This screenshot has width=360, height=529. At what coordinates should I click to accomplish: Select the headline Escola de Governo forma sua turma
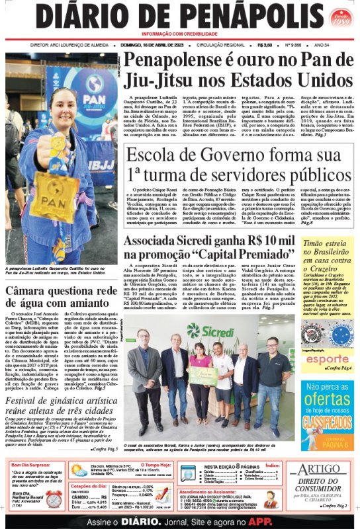(240, 165)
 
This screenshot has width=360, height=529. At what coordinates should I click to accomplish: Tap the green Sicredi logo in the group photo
(211, 331)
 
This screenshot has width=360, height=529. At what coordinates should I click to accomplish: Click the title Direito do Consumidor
(326, 487)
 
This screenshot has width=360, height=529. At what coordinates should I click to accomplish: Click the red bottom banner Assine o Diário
(180, 520)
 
